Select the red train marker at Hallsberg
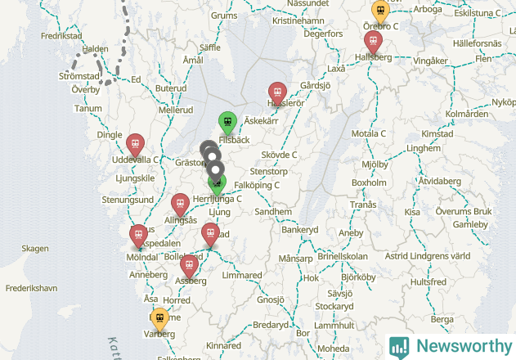click(x=373, y=42)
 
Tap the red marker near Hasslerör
click(x=277, y=93)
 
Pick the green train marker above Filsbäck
click(x=227, y=122)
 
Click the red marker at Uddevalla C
click(x=136, y=143)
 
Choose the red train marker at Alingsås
click(x=179, y=205)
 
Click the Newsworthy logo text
click(x=461, y=346)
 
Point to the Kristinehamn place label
click(x=299, y=20)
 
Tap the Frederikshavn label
click(x=31, y=289)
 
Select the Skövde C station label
click(x=279, y=155)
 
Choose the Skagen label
click(x=35, y=249)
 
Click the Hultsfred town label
click(x=429, y=281)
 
